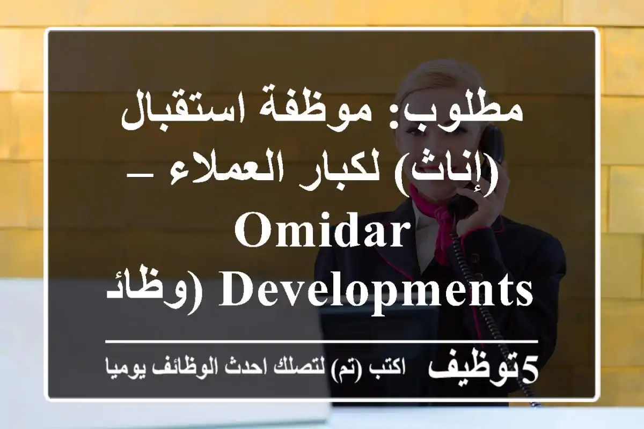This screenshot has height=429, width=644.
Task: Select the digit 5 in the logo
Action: (x=529, y=370)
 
